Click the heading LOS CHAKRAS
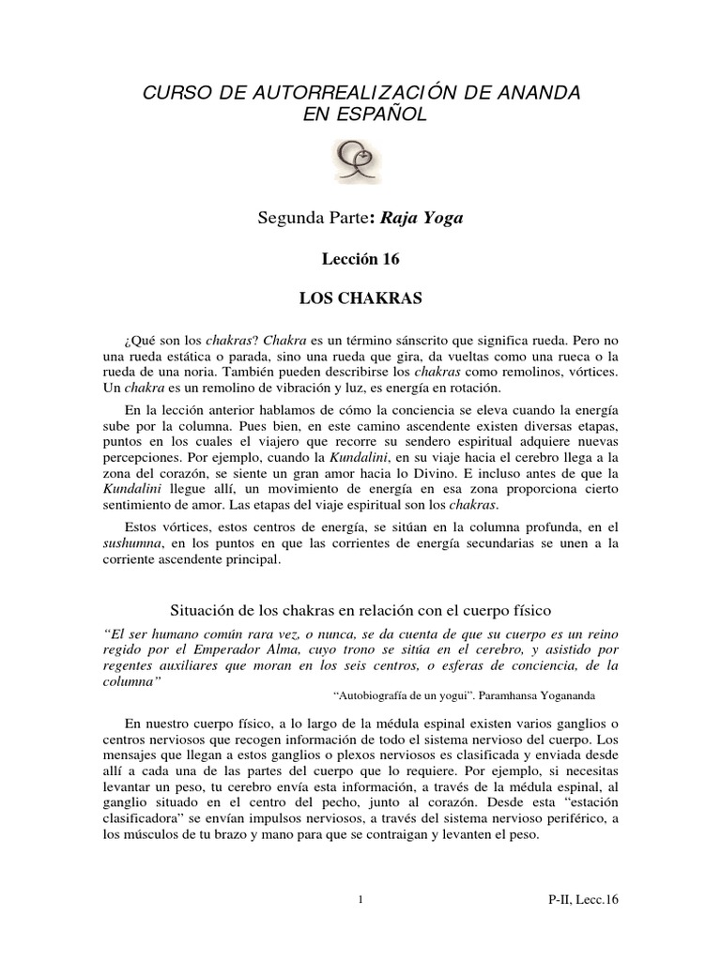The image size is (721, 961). point(360,299)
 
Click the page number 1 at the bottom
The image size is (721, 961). point(360,900)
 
